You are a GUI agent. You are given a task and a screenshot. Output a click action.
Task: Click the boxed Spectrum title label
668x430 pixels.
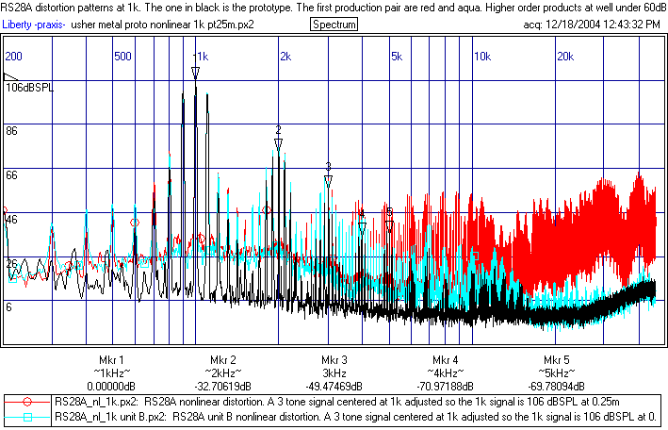point(334,24)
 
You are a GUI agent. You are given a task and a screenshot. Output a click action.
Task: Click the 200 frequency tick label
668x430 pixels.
point(14,57)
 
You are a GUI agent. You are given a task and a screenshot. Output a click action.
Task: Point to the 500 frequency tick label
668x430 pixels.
point(122,57)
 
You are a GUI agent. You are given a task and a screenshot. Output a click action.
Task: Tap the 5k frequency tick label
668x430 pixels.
point(397,57)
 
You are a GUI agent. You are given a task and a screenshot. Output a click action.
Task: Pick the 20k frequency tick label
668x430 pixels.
point(565,57)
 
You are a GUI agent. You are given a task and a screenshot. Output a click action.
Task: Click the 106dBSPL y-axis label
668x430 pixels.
point(29,88)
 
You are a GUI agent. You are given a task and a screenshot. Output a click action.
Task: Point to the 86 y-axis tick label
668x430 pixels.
point(13,131)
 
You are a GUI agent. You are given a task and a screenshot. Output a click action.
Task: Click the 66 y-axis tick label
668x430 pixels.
point(13,175)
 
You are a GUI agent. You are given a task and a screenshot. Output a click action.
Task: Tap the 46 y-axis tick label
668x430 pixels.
point(13,219)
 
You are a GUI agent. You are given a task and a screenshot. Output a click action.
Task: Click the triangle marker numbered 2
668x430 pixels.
point(278,144)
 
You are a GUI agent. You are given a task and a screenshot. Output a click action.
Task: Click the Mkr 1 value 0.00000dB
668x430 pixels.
point(111,385)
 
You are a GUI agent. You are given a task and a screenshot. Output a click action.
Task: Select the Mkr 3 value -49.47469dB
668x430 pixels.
point(334,385)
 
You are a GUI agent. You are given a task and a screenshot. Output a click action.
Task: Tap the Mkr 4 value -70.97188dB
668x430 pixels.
point(445,385)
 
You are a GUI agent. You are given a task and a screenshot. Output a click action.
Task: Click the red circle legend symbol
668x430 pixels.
point(28,401)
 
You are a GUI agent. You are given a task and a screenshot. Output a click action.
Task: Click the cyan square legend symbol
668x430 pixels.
point(28,416)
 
